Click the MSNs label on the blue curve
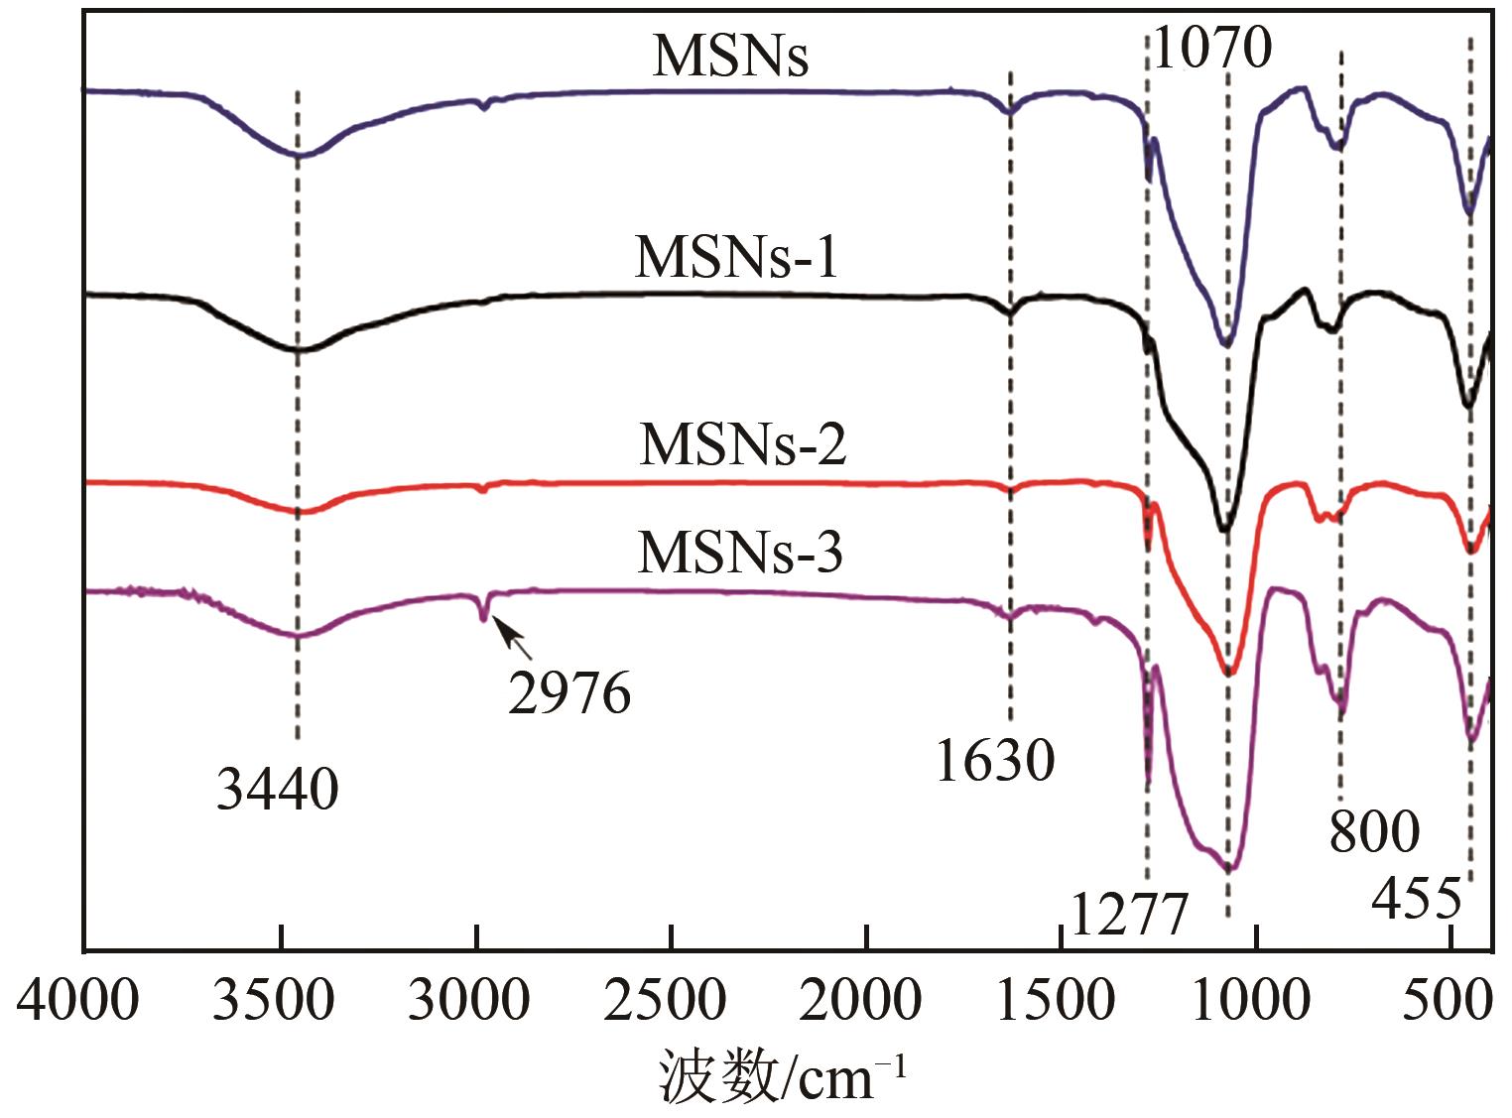tap(730, 57)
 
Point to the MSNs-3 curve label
tap(740, 553)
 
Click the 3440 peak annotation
tap(278, 791)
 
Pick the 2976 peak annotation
tap(569, 693)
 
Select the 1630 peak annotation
tap(994, 762)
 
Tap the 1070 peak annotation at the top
tap(1211, 48)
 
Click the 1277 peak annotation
tap(1129, 914)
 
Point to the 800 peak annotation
tap(1374, 831)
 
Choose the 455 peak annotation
tap(1417, 899)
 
